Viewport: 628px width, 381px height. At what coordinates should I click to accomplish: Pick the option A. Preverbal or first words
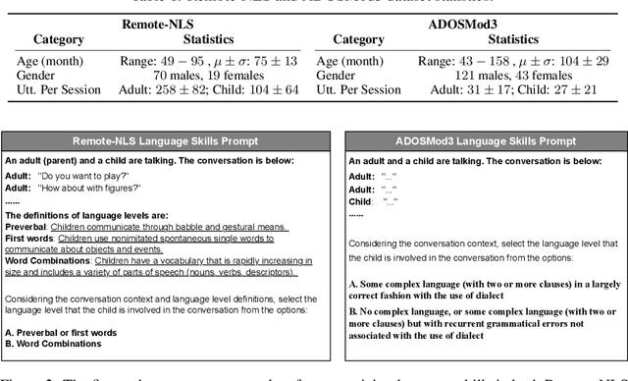pos(69,332)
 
